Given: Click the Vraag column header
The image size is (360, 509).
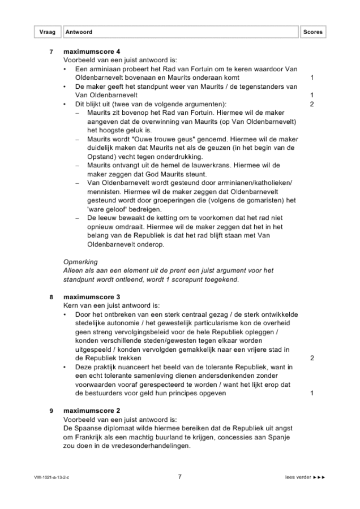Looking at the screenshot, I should coord(48,32).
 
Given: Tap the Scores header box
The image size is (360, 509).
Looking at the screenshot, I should coord(312,32).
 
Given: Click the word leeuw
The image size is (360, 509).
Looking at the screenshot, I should coord(108,218).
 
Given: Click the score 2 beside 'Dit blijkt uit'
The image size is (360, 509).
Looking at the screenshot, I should coord(312,105).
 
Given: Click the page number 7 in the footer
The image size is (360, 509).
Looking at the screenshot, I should coord(179,477).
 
